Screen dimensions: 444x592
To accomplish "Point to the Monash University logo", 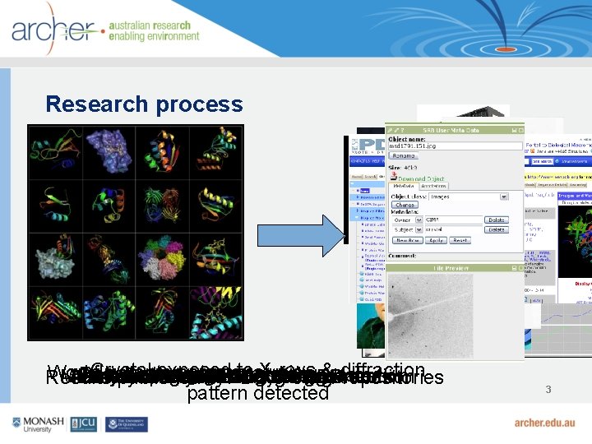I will pos(38,423).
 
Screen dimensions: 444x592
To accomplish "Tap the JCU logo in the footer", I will pos(85,423).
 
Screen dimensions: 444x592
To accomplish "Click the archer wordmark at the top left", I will pos(53,31).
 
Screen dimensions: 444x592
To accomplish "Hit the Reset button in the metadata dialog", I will pos(460,240).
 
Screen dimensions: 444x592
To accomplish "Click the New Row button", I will pos(407,240).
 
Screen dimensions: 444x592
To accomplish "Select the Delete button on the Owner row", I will pos(496,220).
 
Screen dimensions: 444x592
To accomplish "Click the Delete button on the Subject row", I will pos(496,230).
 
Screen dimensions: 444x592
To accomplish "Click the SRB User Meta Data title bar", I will pos(454,130).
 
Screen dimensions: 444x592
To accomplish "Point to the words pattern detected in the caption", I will pos(257,393).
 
